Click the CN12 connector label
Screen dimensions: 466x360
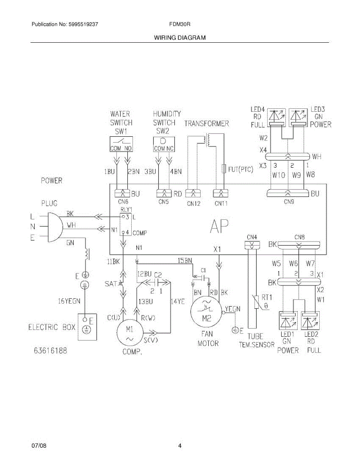[x=193, y=203]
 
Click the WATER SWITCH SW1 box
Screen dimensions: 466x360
[x=121, y=143]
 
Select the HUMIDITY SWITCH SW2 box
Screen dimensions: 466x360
[x=163, y=143]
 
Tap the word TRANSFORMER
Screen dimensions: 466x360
[x=206, y=123]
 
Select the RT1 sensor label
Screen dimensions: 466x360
[x=265, y=297]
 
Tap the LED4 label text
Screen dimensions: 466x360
[x=257, y=110]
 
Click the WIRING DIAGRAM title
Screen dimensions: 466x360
[x=180, y=38]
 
